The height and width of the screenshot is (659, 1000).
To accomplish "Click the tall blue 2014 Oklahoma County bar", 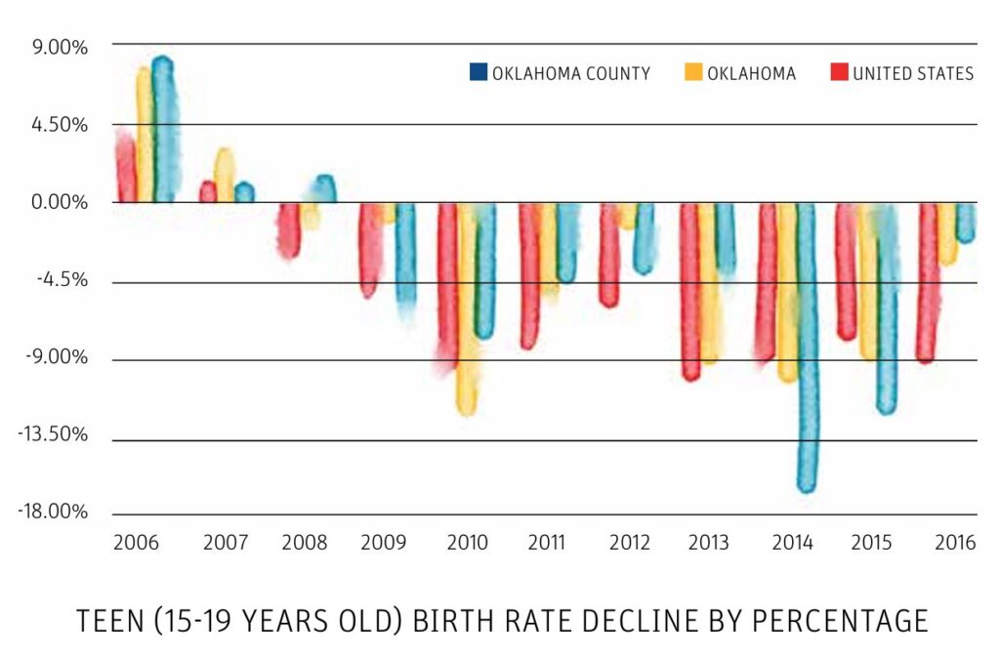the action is click(x=808, y=348).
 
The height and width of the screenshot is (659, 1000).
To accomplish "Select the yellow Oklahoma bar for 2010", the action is click(x=467, y=309).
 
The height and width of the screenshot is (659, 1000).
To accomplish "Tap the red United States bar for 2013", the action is click(x=690, y=292).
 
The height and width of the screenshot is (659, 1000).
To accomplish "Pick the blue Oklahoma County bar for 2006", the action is click(x=164, y=130).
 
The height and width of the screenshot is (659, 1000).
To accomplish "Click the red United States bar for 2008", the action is click(x=289, y=230).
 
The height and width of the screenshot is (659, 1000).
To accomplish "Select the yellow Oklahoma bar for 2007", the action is click(x=224, y=176).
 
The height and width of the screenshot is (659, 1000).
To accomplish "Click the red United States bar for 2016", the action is click(x=927, y=283).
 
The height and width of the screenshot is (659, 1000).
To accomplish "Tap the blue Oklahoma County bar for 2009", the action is click(x=405, y=262).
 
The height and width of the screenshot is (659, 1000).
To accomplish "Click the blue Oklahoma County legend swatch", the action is click(x=479, y=72).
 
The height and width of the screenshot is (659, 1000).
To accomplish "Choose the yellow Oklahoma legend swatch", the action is click(x=693, y=72).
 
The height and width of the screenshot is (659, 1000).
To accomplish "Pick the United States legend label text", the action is click(x=913, y=73).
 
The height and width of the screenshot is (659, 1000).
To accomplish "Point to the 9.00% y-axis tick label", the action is click(x=60, y=48).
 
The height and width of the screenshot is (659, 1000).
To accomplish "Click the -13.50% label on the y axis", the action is click(x=53, y=434).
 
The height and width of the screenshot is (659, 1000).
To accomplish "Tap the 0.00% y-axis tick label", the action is click(x=60, y=202).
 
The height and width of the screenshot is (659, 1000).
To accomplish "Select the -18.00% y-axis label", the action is click(x=53, y=512).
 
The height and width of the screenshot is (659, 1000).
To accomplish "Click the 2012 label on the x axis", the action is click(x=630, y=543).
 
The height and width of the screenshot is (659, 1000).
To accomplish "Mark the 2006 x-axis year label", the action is click(x=136, y=543).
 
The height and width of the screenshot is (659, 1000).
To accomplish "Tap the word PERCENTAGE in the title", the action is click(x=840, y=621).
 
